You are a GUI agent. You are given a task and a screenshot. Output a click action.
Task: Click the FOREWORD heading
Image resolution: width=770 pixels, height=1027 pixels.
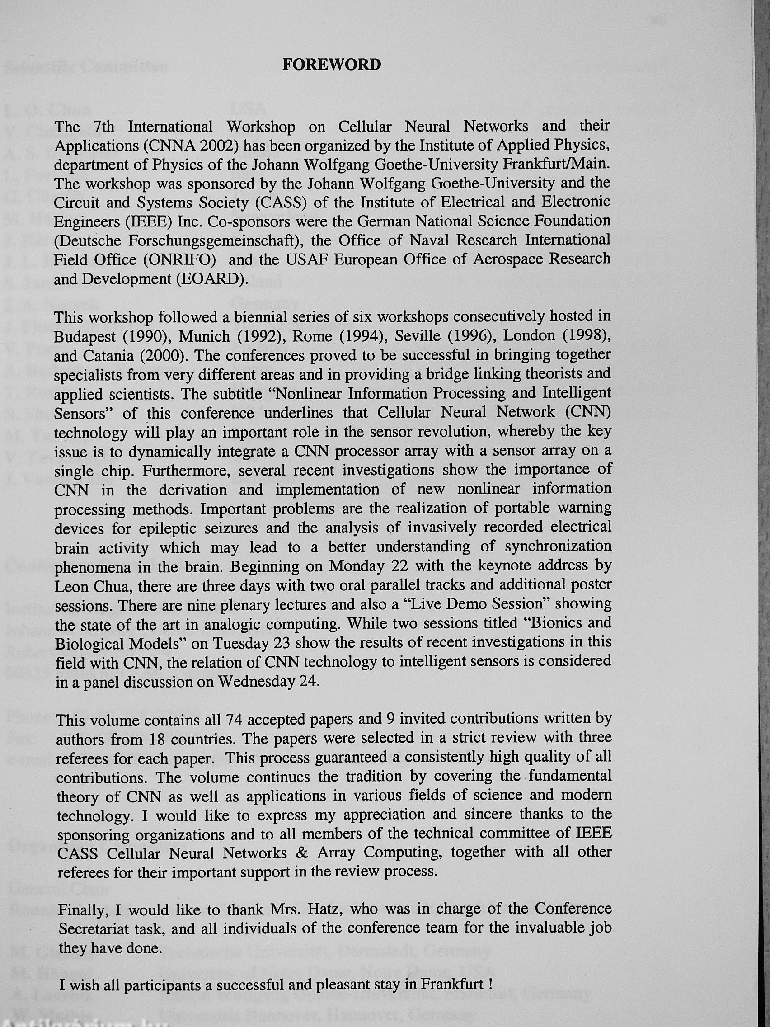click(x=331, y=65)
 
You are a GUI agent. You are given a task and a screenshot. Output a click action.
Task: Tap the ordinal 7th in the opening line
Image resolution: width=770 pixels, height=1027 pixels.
click(x=103, y=126)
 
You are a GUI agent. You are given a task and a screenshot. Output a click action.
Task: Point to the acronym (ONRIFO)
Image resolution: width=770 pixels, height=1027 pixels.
click(x=179, y=259)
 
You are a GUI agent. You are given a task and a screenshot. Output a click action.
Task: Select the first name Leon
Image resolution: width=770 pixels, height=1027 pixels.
click(x=70, y=586)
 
